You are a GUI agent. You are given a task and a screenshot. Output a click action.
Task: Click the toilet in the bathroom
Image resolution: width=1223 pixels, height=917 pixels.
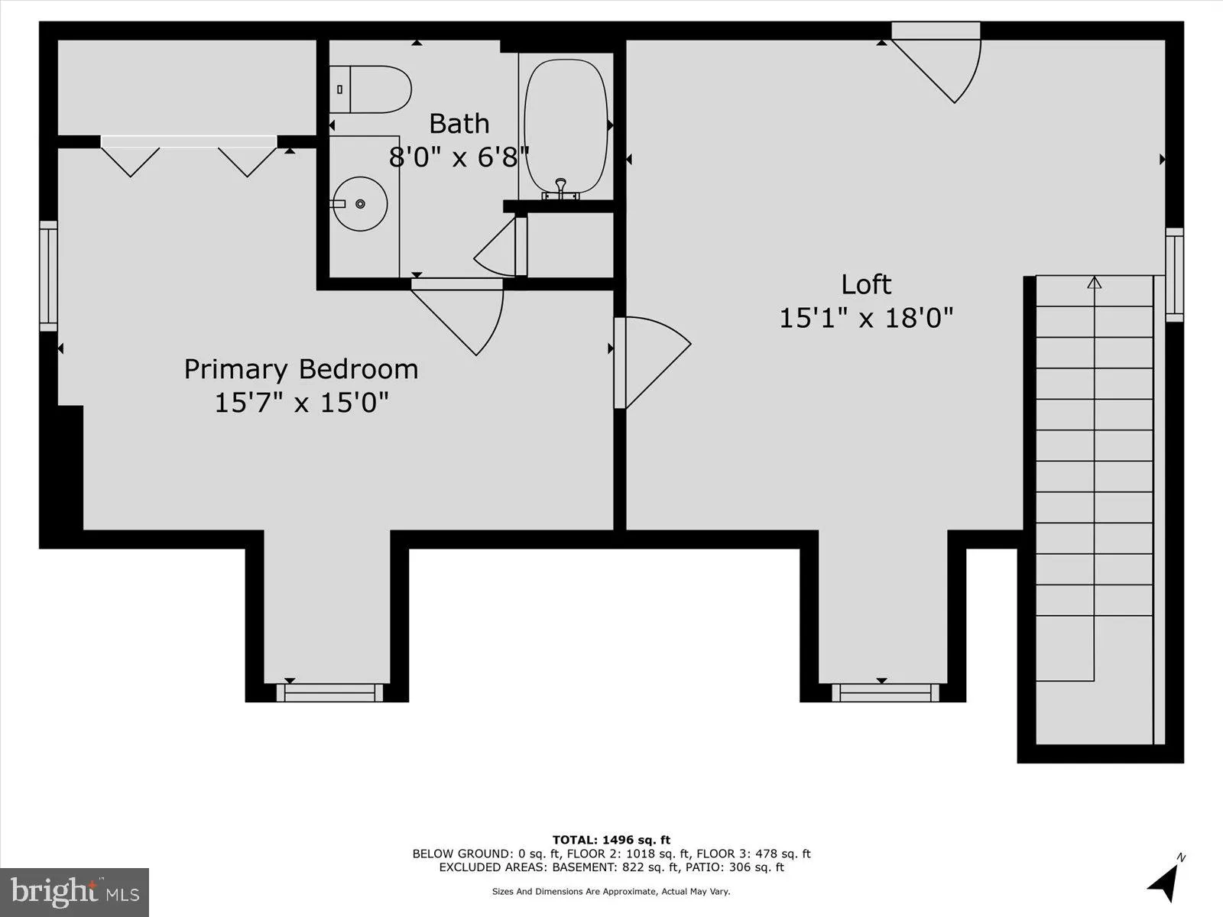pos(375,89)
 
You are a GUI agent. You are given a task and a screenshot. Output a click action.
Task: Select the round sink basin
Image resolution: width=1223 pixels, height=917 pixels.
pos(361,203)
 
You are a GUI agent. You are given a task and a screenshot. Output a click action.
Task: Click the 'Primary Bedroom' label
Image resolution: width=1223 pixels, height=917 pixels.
pos(300,369)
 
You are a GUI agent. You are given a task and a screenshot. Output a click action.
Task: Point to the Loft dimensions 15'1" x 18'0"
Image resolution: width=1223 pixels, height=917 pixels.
pos(866,318)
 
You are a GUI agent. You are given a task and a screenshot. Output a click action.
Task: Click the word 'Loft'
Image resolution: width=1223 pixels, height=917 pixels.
pos(866,284)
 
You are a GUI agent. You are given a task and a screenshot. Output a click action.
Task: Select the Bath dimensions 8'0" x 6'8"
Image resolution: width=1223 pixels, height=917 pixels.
pos(459,157)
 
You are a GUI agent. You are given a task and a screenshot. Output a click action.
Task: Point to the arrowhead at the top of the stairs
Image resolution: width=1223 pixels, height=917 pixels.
pos(1095,283)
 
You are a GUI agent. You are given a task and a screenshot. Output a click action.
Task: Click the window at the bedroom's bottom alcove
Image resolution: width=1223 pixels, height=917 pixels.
pos(329,692)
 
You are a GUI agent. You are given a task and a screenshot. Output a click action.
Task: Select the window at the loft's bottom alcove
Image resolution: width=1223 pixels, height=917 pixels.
pos(885,692)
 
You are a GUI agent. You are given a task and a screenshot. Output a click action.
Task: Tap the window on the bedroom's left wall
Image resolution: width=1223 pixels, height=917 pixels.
pos(48,276)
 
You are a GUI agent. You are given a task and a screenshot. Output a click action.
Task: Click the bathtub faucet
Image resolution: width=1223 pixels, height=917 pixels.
pos(561,188)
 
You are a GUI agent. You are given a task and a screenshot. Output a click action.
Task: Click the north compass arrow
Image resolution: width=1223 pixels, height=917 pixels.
pos(1164,882)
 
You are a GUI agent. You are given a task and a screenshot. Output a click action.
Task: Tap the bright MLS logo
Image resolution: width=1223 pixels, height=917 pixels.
pos(74,892)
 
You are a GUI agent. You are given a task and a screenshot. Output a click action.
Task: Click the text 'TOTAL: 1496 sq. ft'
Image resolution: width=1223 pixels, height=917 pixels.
pos(611,840)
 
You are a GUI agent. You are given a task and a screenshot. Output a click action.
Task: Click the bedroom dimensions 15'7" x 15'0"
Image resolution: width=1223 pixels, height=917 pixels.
pos(301,402)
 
